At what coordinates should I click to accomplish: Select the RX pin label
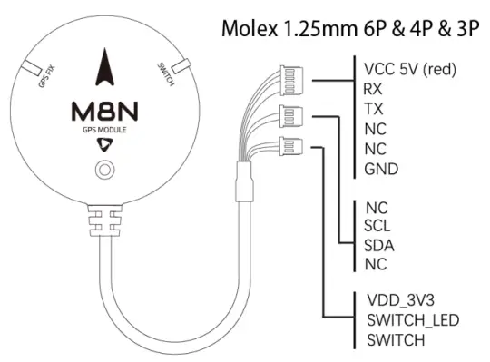372,90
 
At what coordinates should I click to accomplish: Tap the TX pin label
372,109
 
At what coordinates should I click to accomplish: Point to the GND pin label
379,169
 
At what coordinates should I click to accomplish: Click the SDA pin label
378,246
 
